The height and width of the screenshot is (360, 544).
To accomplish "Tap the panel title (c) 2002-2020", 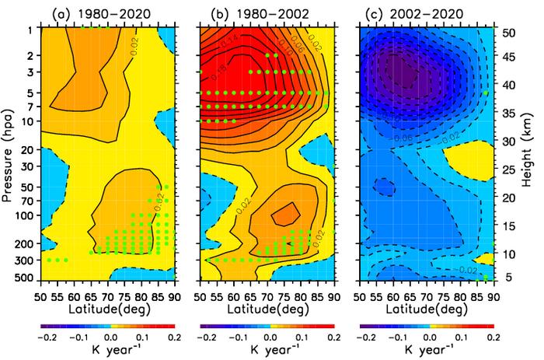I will (427, 13).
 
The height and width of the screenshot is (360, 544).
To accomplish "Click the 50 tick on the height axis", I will (503, 33).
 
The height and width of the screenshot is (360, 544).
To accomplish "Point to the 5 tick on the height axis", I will (500, 276).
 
